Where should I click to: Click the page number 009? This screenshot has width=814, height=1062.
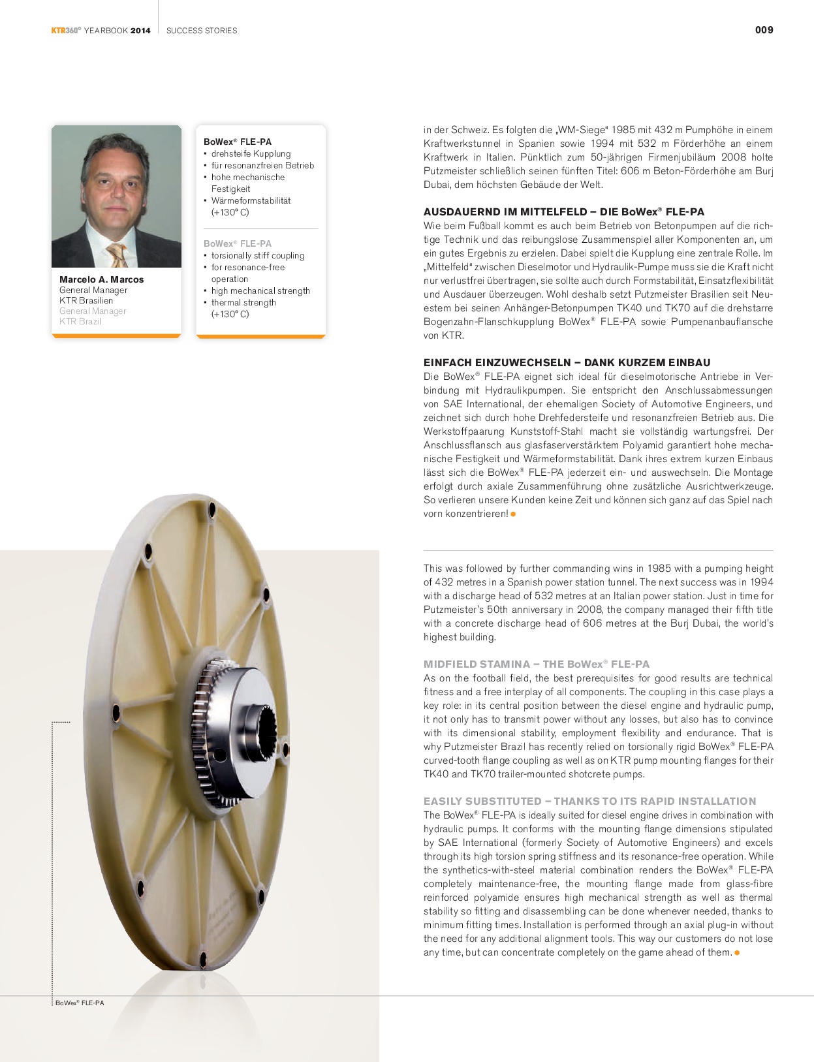pyautogui.click(x=764, y=30)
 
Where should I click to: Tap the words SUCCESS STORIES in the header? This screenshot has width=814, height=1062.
pyautogui.click(x=202, y=31)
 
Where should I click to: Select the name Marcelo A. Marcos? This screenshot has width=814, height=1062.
pyautogui.click(x=101, y=279)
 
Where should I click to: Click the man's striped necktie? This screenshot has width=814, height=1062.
pyautogui.click(x=118, y=255)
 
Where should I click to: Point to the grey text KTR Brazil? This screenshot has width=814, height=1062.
pyautogui.click(x=80, y=321)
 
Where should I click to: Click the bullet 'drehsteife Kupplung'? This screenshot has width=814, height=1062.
pyautogui.click(x=251, y=154)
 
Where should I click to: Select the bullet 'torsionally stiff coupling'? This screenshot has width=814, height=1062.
pyautogui.click(x=257, y=256)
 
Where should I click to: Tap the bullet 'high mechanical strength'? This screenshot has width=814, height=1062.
pyautogui.click(x=260, y=291)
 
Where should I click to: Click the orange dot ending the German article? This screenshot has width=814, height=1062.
pyautogui.click(x=513, y=514)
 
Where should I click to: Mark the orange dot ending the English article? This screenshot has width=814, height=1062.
pyautogui.click(x=737, y=953)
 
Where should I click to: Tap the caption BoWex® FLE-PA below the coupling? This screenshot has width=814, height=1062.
pyautogui.click(x=80, y=1003)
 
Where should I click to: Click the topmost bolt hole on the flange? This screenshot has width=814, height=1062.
pyautogui.click(x=211, y=508)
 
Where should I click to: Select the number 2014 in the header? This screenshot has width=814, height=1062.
pyautogui.click(x=140, y=31)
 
